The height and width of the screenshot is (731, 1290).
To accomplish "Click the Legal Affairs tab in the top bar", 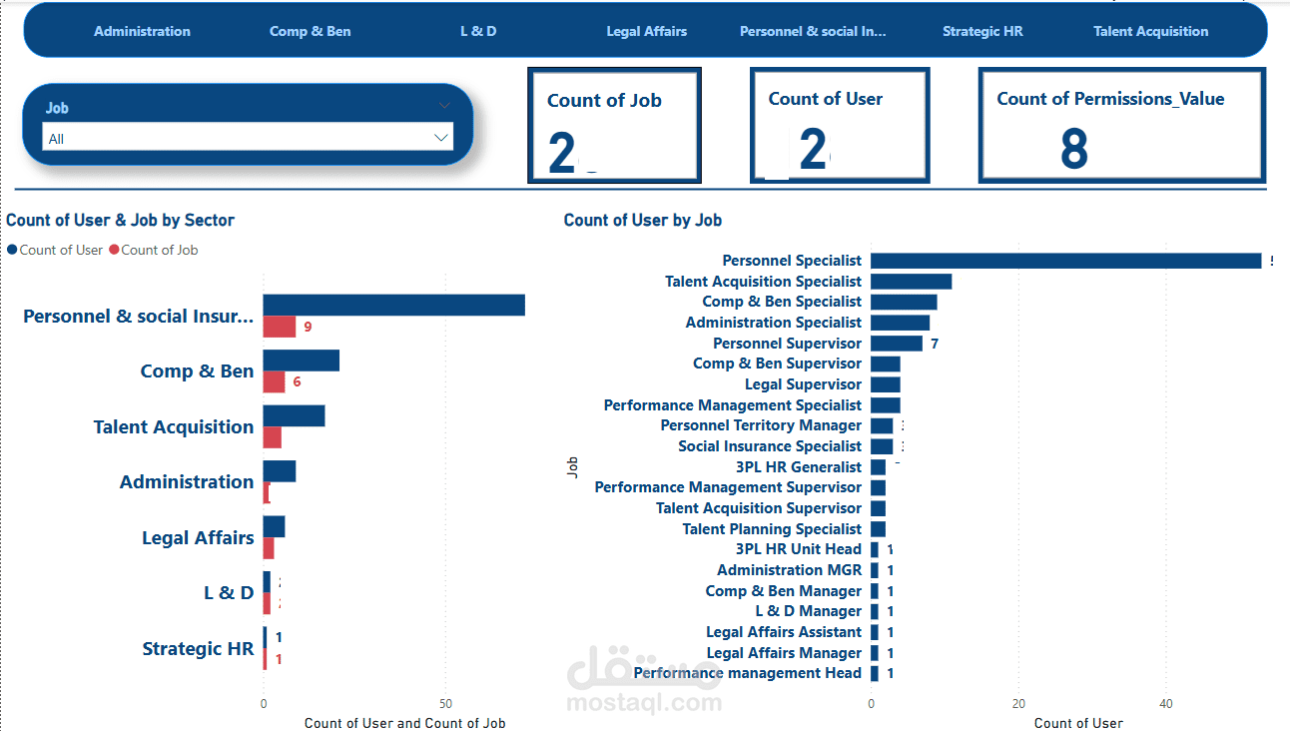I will click(646, 31).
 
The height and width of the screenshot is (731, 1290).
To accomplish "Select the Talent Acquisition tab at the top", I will click(1150, 31).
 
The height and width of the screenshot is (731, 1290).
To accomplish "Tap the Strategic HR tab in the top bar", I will click(982, 31).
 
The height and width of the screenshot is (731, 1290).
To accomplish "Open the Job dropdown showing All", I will click(248, 138).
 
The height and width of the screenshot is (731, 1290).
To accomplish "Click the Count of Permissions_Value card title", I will click(1110, 99).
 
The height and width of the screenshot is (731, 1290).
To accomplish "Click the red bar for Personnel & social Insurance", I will click(280, 327).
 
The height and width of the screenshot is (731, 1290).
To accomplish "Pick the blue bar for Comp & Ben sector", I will click(302, 361).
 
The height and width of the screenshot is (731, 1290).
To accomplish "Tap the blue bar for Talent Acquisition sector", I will click(294, 415).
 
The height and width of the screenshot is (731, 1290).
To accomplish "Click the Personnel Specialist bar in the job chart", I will click(1065, 261).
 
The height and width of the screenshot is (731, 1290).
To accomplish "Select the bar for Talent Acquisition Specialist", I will click(911, 282).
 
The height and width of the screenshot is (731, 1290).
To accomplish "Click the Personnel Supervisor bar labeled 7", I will click(897, 344).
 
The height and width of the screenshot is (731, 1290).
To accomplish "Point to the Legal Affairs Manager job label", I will click(784, 653).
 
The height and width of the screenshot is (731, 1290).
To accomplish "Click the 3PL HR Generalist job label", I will click(798, 467).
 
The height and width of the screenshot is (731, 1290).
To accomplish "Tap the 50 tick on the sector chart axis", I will click(445, 702).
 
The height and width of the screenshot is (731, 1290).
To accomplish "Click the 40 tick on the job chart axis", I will click(1165, 703).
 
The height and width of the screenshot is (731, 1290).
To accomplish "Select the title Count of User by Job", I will click(642, 220).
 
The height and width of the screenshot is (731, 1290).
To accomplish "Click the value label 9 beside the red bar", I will click(308, 327).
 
